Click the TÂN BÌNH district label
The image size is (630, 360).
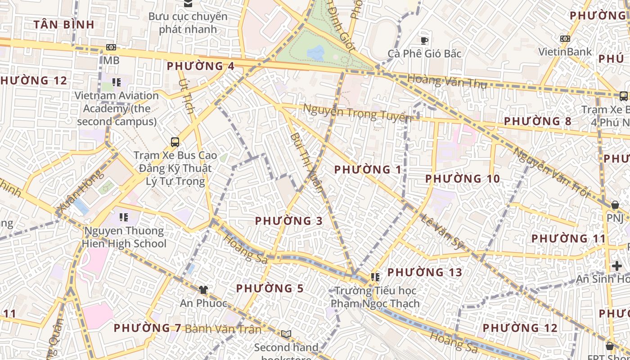tap(63, 25)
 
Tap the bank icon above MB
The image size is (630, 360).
tap(111, 47)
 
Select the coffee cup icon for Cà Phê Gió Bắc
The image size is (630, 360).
tap(424, 41)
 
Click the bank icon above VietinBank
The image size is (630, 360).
tap(565, 39)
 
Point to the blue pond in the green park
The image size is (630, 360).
tap(316, 53)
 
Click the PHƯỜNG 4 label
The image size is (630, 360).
tap(201, 66)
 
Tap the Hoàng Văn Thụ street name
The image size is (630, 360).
tap(447, 82)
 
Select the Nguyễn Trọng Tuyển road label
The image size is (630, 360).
tap(357, 112)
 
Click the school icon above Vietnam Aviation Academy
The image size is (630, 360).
tap(117, 82)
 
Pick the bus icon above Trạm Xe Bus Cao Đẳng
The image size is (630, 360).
tap(175, 142)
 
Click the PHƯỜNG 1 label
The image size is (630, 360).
tap(368, 170)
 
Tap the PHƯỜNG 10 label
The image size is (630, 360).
tap(463, 179)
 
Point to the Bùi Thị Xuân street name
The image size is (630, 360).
tap(306, 162)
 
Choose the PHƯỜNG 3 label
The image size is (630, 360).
tap(289, 221)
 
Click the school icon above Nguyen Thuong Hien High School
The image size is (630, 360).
tap(124, 218)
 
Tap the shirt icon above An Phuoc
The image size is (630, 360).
tap(203, 289)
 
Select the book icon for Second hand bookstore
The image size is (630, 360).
tap(286, 334)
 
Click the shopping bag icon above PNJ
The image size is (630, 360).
tap(615, 205)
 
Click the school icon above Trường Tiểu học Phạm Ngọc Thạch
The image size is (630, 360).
tap(375, 277)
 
